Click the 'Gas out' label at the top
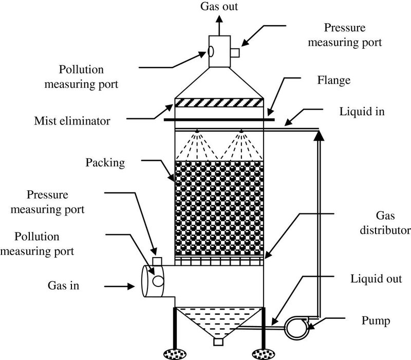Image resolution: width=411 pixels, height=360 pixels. pyautogui.click(x=218, y=7)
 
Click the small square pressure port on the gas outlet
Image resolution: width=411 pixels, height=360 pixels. pyautogui.click(x=235, y=52)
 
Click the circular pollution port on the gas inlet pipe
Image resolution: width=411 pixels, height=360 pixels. pyautogui.click(x=158, y=280)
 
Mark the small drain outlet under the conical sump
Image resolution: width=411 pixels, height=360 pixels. pyautogui.click(x=219, y=342)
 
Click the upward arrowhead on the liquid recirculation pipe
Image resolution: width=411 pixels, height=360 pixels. pyautogui.click(x=319, y=135)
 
